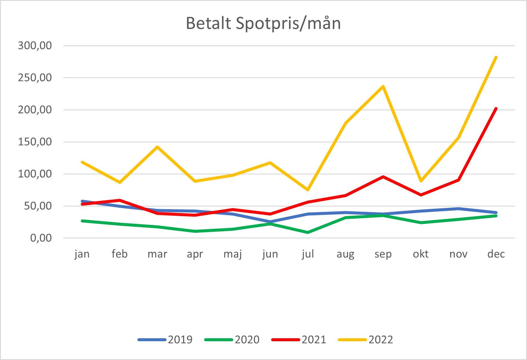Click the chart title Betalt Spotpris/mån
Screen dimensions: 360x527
[263, 24]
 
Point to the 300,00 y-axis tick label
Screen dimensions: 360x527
[35, 46]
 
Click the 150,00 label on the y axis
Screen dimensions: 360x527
[35, 142]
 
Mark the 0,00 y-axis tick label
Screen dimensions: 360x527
[41, 238]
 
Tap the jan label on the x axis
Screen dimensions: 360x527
[82, 254]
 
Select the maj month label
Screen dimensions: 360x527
[233, 254]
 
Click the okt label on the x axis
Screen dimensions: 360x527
[421, 254]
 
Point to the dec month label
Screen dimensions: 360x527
[496, 254]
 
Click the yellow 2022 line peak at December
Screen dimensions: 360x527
[496, 57]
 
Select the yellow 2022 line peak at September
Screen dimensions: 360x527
[383, 86]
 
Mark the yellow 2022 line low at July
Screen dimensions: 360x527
[308, 190]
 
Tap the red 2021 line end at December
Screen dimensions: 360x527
[496, 108]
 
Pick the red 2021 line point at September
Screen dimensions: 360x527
[383, 177]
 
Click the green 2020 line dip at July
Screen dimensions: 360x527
[308, 232]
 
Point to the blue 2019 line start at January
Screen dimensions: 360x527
[82, 201]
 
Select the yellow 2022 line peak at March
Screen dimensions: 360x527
[157, 147]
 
